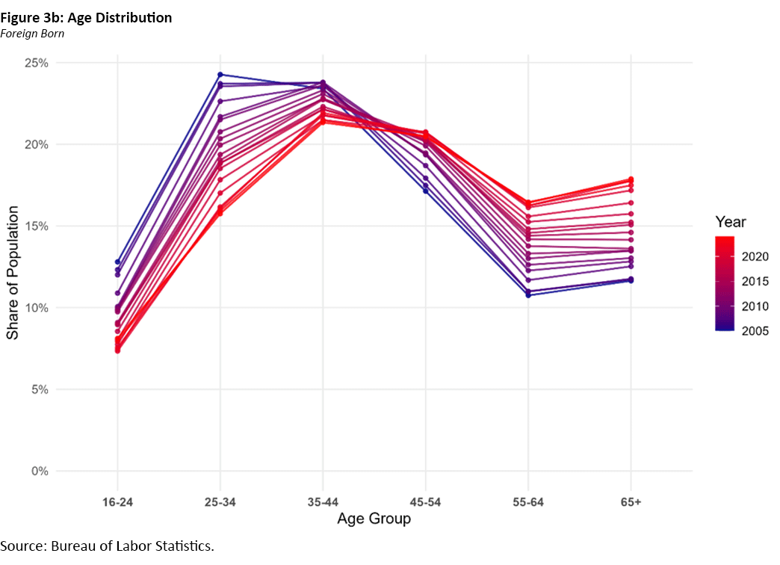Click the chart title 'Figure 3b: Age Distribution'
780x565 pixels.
click(87, 18)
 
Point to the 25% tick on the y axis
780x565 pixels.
click(37, 63)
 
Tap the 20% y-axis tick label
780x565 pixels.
click(37, 144)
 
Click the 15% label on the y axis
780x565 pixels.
click(37, 226)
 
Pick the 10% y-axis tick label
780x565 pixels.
click(37, 308)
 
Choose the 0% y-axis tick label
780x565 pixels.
click(40, 472)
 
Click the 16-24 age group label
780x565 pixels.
click(117, 501)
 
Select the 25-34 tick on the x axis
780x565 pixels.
click(220, 501)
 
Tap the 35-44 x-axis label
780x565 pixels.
click(323, 501)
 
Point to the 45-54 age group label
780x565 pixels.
click(426, 501)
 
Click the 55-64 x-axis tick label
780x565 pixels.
click(528, 501)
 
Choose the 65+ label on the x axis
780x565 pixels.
click(631, 501)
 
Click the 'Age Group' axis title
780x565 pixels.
click(374, 519)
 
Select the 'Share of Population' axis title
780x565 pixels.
click(13, 267)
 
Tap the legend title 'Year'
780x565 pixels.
click(730, 222)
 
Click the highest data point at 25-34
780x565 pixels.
click(220, 75)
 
